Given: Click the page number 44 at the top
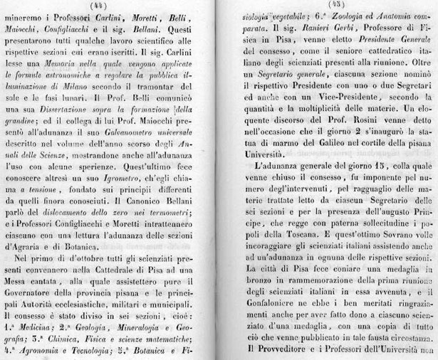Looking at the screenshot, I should click(108, 6).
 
